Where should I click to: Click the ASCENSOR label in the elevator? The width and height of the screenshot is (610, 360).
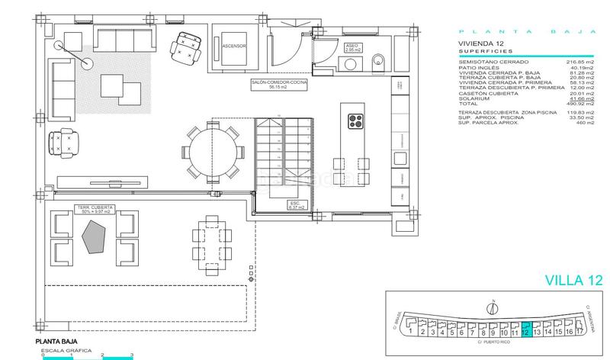[234, 46]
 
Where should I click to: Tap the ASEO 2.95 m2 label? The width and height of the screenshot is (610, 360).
[352, 47]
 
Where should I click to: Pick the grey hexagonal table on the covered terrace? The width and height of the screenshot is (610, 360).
[94, 236]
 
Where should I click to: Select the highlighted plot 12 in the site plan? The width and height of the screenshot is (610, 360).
[525, 331]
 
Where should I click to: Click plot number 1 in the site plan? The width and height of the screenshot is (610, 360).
[411, 331]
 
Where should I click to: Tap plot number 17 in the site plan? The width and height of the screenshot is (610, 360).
[580, 331]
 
